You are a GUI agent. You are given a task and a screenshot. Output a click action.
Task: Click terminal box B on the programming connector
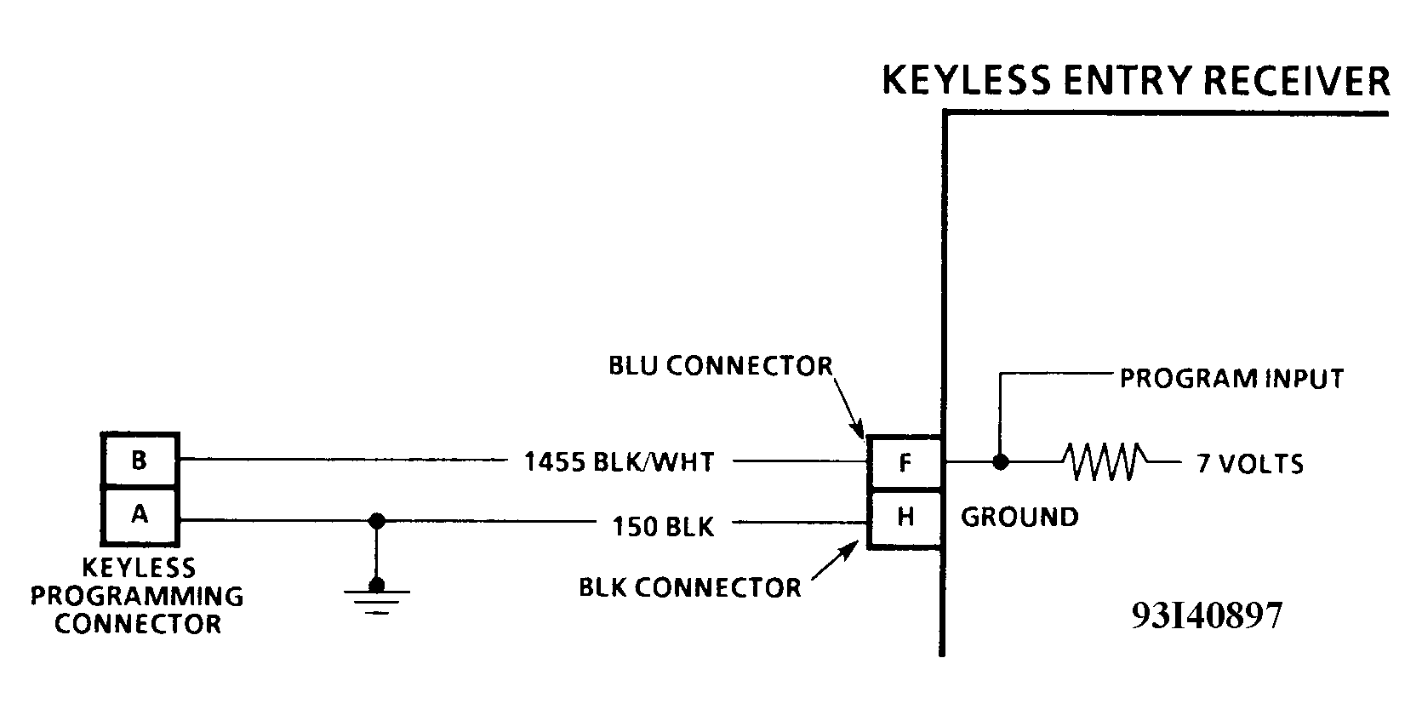pyautogui.click(x=140, y=461)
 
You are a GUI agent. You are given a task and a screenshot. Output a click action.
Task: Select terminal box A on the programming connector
pyautogui.click(x=140, y=515)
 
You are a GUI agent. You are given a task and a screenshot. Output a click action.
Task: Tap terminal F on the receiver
pyautogui.click(x=905, y=463)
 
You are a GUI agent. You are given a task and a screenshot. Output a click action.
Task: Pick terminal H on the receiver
pyautogui.click(x=905, y=518)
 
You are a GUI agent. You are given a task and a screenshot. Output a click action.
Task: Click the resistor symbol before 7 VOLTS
pyautogui.click(x=1104, y=462)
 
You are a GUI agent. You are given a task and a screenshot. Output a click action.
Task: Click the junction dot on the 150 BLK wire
pyautogui.click(x=376, y=521)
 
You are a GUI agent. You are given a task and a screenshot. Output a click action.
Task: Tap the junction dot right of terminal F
pyautogui.click(x=1001, y=462)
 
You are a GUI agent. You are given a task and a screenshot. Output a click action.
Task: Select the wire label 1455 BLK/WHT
pyautogui.click(x=619, y=462)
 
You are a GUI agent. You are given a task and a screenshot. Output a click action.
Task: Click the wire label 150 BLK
pyautogui.click(x=663, y=527)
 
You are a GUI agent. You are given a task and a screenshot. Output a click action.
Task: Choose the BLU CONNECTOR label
pyautogui.click(x=720, y=366)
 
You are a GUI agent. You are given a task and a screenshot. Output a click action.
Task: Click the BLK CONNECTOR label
pyautogui.click(x=689, y=587)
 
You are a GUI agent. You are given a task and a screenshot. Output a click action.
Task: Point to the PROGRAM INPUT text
pyautogui.click(x=1231, y=379)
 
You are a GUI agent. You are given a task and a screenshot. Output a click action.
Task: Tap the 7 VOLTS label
pyautogui.click(x=1250, y=464)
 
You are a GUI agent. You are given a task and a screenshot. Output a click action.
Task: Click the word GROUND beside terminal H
pyautogui.click(x=1019, y=517)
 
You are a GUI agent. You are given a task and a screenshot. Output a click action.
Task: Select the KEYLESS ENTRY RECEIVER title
pyautogui.click(x=1135, y=81)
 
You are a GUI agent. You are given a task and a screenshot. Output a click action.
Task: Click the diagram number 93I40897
pyautogui.click(x=1207, y=615)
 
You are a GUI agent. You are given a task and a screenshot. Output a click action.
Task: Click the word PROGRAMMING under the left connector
pyautogui.click(x=137, y=596)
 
